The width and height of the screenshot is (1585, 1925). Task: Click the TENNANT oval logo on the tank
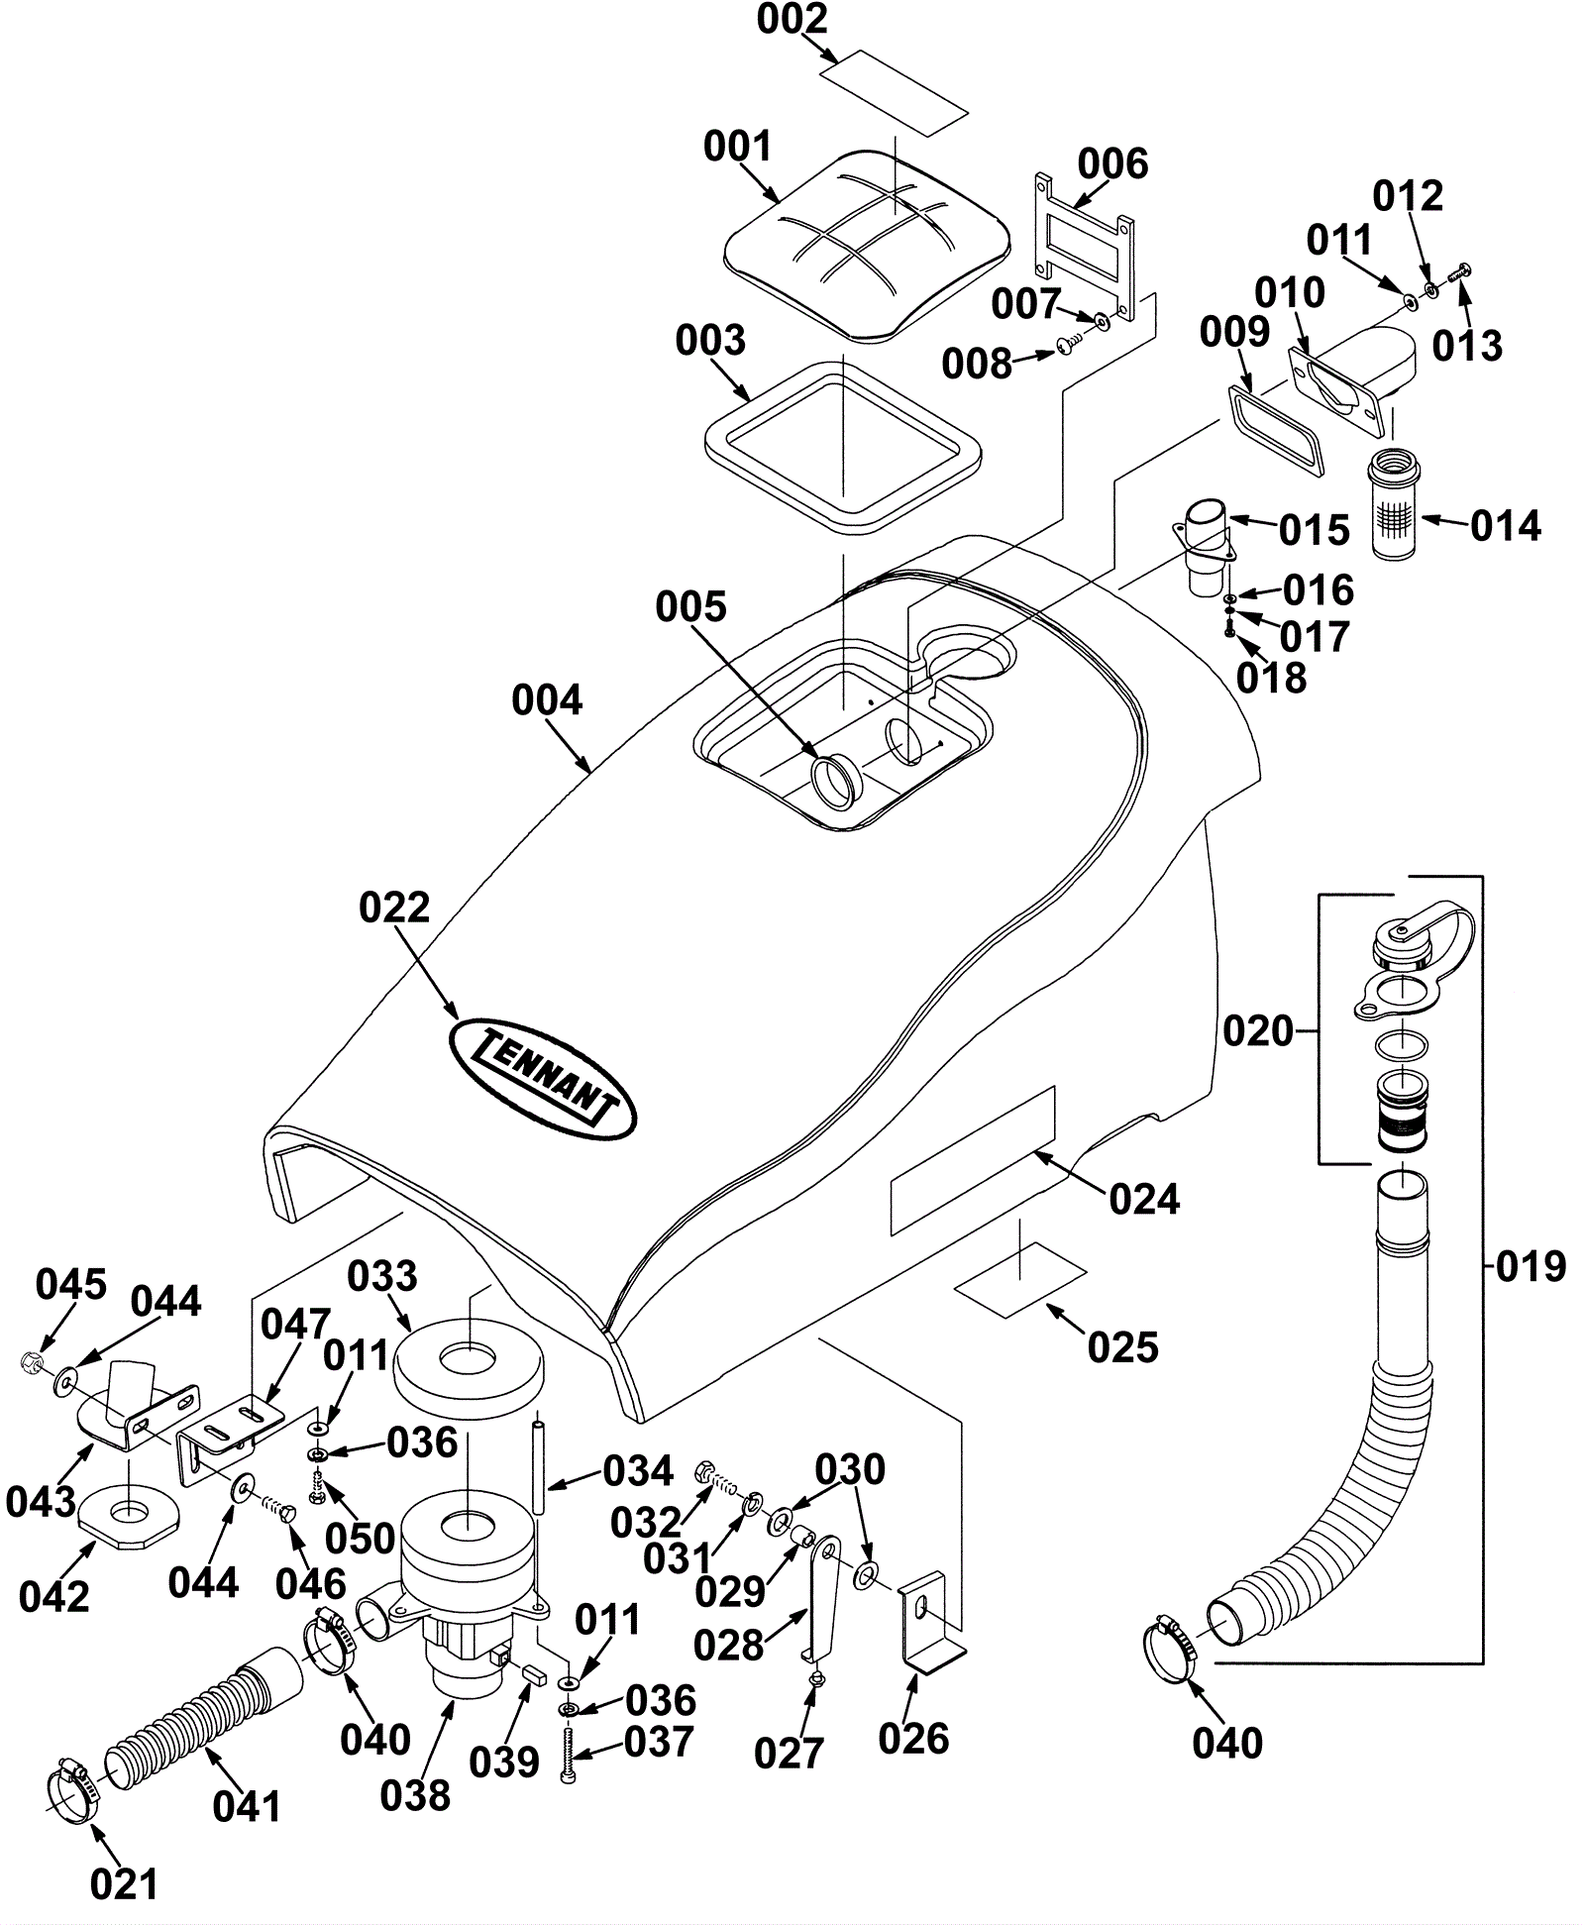click(542, 1078)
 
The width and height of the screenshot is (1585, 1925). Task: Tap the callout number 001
click(737, 147)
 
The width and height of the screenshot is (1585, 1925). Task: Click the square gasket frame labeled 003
click(842, 443)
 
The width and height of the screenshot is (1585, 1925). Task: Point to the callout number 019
click(1531, 1266)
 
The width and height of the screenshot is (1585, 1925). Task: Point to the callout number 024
click(1144, 1199)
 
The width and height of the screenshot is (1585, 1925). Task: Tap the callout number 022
click(394, 908)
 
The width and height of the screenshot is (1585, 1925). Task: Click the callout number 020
click(1258, 1031)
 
